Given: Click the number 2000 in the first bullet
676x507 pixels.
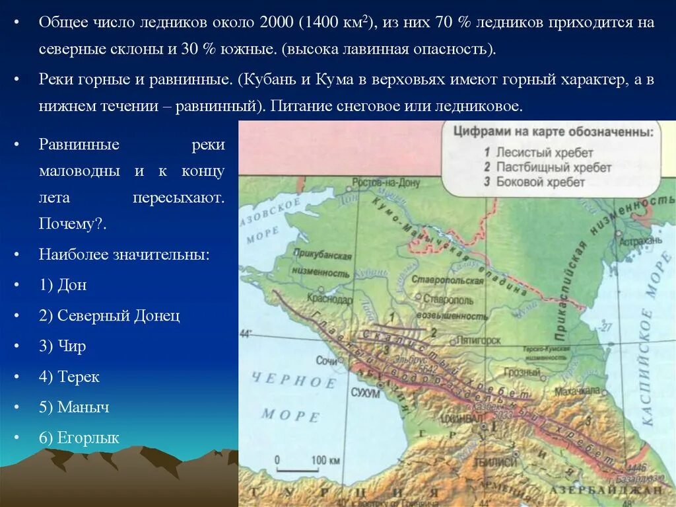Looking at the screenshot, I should (x=277, y=22).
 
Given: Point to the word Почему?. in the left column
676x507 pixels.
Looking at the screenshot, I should (x=73, y=224).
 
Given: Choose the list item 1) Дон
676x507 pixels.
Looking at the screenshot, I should (x=63, y=285).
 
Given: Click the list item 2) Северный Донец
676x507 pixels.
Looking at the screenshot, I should (x=109, y=315).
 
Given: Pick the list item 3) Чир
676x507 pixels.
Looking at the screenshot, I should (x=63, y=346).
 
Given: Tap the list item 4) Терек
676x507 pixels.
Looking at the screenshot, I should (x=69, y=377).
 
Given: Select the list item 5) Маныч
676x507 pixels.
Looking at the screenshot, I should (x=74, y=407).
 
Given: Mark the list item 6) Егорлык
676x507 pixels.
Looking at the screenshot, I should (x=79, y=438).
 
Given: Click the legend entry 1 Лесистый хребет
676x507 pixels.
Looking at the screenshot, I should (x=538, y=153).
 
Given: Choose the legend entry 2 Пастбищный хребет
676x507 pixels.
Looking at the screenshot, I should (x=547, y=167).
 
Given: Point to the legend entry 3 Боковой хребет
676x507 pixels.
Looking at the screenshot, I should (x=534, y=182).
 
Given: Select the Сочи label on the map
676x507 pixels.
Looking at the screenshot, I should (x=326, y=361).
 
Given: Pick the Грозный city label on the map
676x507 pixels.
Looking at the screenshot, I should (x=526, y=372).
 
